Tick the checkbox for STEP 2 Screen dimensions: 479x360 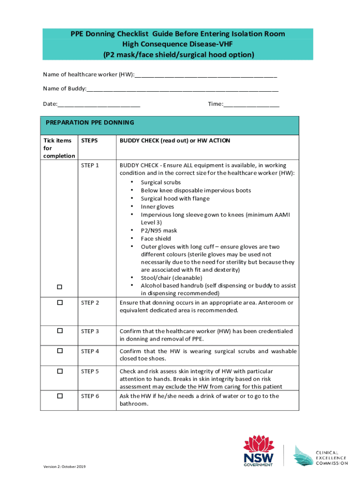point(60,303)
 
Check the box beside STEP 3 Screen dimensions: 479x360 point(60,331)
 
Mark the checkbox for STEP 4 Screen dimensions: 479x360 point(60,351)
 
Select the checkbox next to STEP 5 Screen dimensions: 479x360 point(60,371)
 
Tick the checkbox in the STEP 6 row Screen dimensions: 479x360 point(60,396)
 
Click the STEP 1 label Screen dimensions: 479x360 point(90,165)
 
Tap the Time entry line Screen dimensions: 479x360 point(252,104)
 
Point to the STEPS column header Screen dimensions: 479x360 point(89,140)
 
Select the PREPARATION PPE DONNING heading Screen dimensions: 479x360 point(90,123)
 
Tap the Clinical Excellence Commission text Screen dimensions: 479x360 point(331,458)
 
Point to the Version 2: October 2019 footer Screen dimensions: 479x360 point(64,467)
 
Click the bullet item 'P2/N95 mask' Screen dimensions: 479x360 point(159,231)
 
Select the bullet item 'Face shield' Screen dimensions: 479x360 point(156,239)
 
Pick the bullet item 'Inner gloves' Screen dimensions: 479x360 point(157,206)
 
